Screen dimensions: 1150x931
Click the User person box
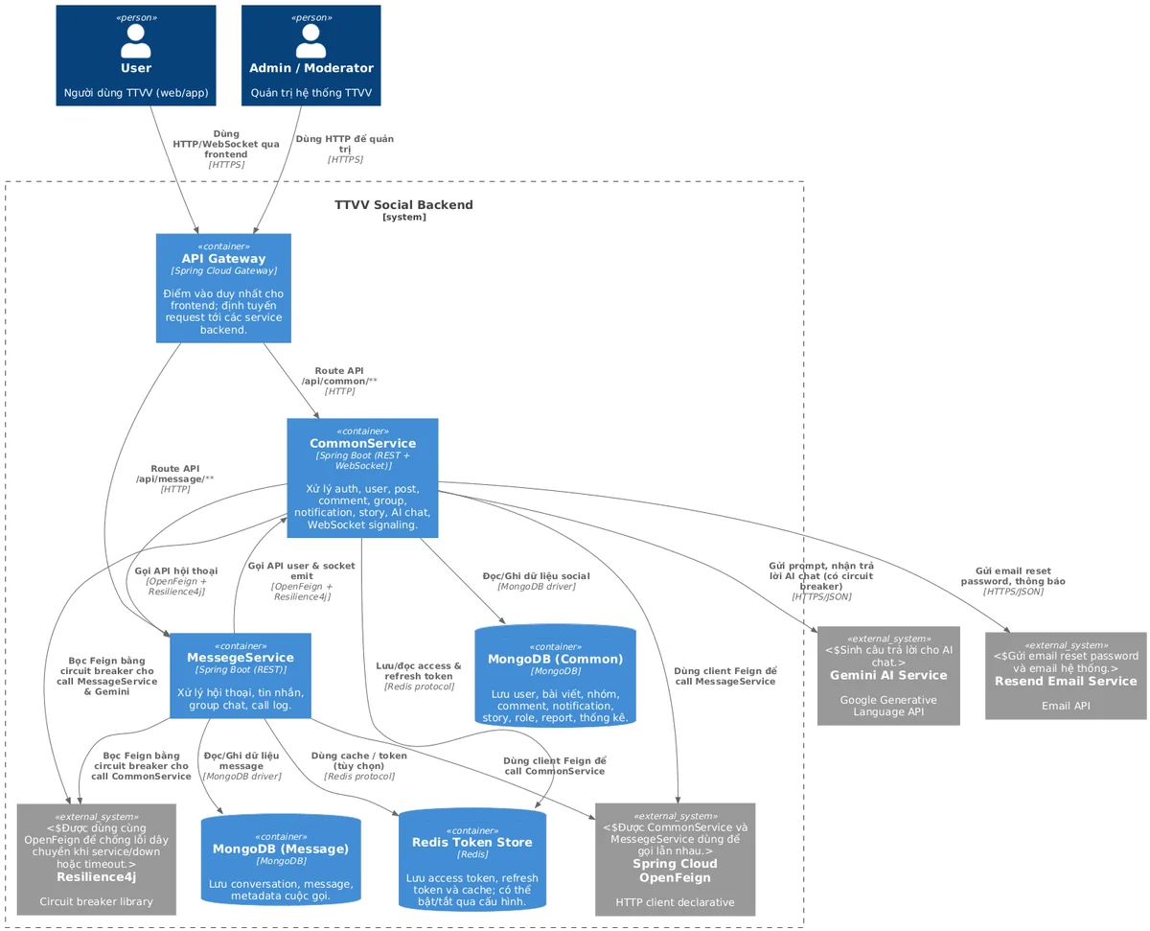tap(135, 56)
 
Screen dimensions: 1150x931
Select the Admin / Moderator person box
tap(310, 56)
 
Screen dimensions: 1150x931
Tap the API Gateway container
tap(223, 288)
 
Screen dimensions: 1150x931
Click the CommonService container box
tap(362, 477)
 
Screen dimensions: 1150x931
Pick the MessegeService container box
tap(241, 675)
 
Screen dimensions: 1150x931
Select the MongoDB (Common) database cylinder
tap(555, 676)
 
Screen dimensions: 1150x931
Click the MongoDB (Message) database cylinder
tap(281, 859)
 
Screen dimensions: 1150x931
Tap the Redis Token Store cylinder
tap(471, 859)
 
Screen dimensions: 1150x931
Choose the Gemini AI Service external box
tap(888, 675)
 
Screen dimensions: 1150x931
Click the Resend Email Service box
tap(1066, 676)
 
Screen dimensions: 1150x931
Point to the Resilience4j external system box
tap(96, 859)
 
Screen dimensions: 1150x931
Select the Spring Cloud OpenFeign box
tap(675, 859)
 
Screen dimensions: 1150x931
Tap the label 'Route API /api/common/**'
tap(339, 381)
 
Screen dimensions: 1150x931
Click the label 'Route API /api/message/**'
tap(175, 478)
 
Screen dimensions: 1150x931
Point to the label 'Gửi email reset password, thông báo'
tap(1012, 580)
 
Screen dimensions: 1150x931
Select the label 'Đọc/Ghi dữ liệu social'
tap(536, 581)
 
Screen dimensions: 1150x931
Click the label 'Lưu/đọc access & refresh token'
tap(419, 676)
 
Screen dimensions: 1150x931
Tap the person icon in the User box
tap(135, 41)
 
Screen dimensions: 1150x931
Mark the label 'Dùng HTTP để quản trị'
tap(344, 149)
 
